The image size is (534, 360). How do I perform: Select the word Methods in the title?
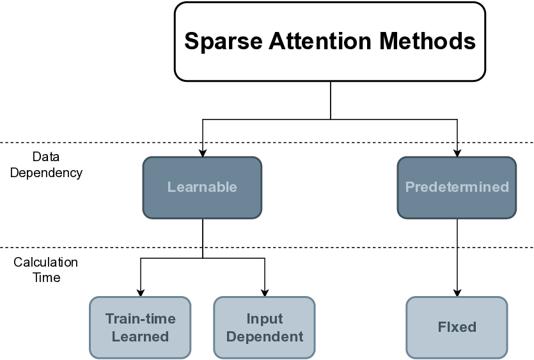(426, 42)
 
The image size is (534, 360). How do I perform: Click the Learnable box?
(202, 187)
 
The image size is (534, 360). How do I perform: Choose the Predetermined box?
(457, 187)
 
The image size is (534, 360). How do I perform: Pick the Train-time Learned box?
(140, 327)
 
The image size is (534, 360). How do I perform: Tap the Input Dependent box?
(264, 327)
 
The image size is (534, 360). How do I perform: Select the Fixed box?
(457, 327)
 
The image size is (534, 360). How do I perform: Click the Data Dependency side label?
(46, 164)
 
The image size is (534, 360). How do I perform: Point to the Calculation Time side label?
(45, 270)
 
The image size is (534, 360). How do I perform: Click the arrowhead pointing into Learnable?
(203, 153)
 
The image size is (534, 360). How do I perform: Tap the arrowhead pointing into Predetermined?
(457, 153)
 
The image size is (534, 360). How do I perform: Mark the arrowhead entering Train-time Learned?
(141, 292)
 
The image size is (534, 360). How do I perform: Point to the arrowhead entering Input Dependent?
(265, 292)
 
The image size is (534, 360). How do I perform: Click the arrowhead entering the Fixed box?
(457, 292)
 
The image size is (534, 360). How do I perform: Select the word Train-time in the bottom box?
(140, 318)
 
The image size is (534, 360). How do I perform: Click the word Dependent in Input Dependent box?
(265, 336)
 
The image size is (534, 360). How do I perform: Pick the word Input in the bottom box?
(265, 318)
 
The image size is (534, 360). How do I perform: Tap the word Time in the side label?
(46, 278)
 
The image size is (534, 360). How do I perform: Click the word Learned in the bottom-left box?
(140, 336)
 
